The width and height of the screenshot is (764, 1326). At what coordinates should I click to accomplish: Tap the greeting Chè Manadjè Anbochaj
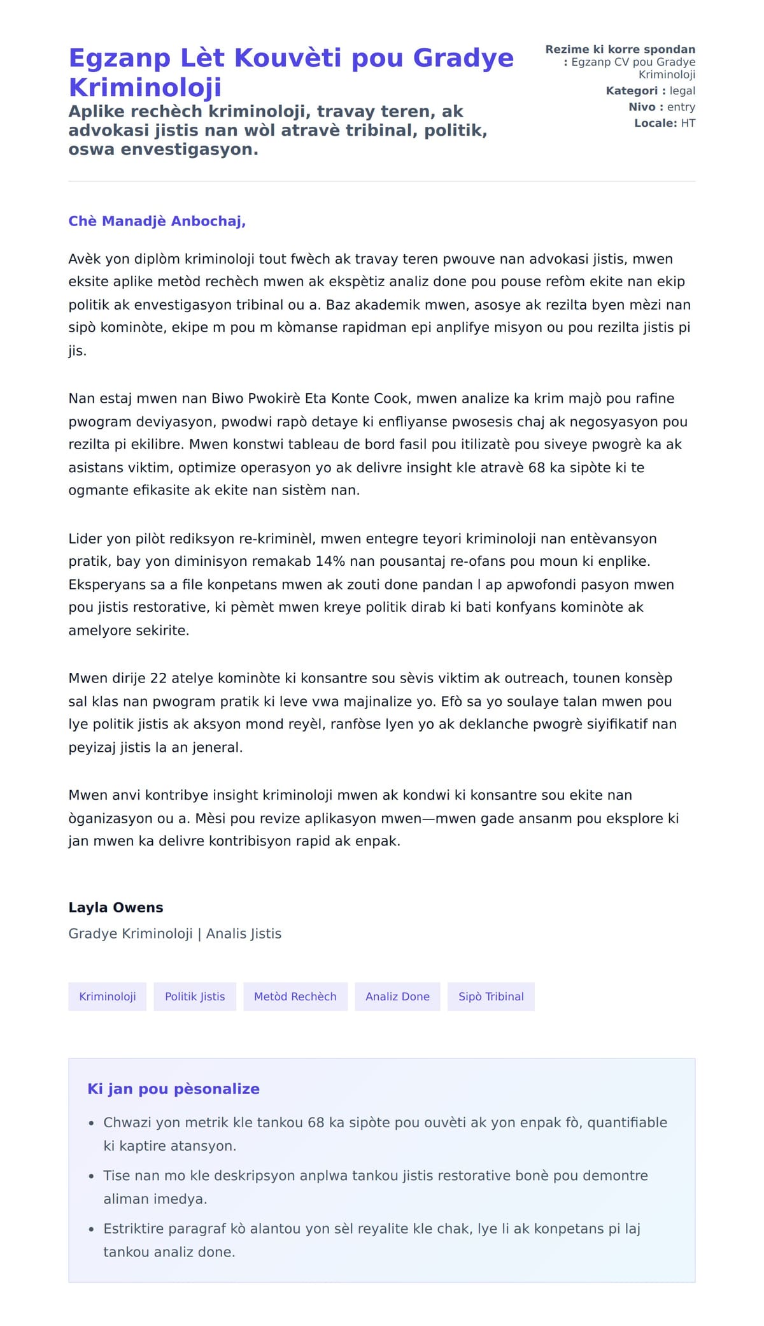pyautogui.click(x=157, y=221)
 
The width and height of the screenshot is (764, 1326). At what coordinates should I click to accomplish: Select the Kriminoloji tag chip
pyautogui.click(x=107, y=997)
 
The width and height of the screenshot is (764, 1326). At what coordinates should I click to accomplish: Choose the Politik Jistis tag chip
pyautogui.click(x=195, y=997)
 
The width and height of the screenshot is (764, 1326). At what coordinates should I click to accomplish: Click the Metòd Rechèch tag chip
pyautogui.click(x=295, y=997)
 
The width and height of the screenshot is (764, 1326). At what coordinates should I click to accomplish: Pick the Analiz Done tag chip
pyautogui.click(x=397, y=997)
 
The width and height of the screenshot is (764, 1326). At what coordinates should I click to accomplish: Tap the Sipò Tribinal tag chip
pyautogui.click(x=491, y=997)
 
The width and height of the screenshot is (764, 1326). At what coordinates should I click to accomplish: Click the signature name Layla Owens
pyautogui.click(x=116, y=907)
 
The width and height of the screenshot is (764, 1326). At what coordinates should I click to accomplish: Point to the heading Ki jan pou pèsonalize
pyautogui.click(x=173, y=1089)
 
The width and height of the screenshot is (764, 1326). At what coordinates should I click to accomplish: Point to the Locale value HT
pyautogui.click(x=688, y=123)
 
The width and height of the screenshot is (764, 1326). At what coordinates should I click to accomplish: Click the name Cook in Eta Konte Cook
pyautogui.click(x=395, y=399)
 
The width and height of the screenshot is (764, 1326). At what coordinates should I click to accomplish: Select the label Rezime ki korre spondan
pyautogui.click(x=620, y=50)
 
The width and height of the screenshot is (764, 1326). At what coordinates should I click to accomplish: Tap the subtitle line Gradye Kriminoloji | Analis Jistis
pyautogui.click(x=174, y=933)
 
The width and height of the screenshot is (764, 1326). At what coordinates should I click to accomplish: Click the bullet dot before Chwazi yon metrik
pyautogui.click(x=92, y=1123)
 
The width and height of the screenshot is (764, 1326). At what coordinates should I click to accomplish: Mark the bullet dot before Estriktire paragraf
pyautogui.click(x=92, y=1229)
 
